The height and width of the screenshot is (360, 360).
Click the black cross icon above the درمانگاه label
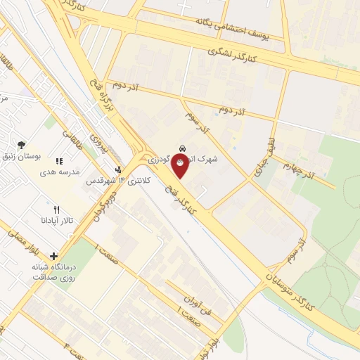pos(53,256)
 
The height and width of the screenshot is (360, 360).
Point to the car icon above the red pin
pos(183,149)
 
